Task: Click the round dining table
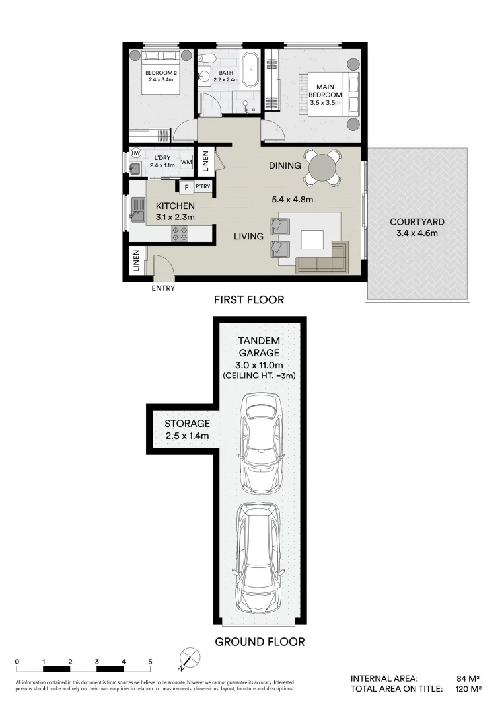pyautogui.click(x=320, y=167)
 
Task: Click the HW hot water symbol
pyautogui.click(x=136, y=153)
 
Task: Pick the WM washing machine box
pyautogui.click(x=186, y=161)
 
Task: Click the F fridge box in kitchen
pyautogui.click(x=186, y=188)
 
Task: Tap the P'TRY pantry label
pyautogui.click(x=202, y=188)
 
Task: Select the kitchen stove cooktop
pyautogui.click(x=180, y=232)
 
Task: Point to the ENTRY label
pyautogui.click(x=163, y=288)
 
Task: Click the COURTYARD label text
pyautogui.click(x=416, y=222)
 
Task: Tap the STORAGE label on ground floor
pyautogui.click(x=187, y=423)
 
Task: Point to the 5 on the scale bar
pyautogui.click(x=150, y=662)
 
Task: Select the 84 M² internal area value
pyautogui.click(x=468, y=678)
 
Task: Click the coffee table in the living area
pyautogui.click(x=312, y=239)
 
